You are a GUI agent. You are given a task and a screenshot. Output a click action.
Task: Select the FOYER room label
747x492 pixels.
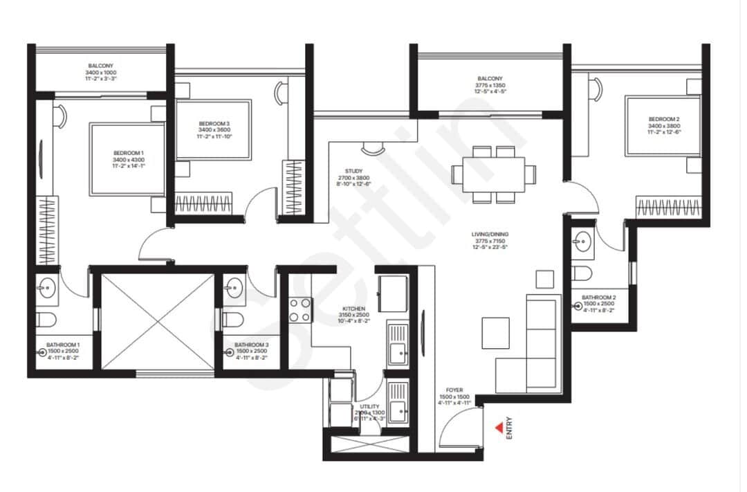click(x=454, y=390)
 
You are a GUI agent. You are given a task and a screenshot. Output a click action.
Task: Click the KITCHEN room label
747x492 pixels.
click(x=353, y=309)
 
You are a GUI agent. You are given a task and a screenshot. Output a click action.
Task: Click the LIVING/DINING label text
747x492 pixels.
click(x=491, y=235)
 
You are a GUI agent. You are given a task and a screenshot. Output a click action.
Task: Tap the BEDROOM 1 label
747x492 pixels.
click(x=129, y=153)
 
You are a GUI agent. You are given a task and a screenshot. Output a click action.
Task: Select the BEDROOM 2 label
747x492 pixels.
click(x=663, y=120)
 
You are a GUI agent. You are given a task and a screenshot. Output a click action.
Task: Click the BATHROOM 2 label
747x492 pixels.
click(x=598, y=297)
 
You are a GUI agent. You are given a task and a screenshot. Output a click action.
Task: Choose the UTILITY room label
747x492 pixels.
click(x=369, y=408)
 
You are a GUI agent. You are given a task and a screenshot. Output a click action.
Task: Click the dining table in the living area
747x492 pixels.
click(x=494, y=173)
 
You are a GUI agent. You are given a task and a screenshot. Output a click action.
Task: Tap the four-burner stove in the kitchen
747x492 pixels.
click(x=299, y=309)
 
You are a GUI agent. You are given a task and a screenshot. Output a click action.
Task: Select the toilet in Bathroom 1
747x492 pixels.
click(x=46, y=319)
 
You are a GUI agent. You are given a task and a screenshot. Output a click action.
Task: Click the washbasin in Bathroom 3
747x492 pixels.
click(x=234, y=287)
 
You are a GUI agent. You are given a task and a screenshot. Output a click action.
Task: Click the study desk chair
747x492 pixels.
click(x=372, y=147)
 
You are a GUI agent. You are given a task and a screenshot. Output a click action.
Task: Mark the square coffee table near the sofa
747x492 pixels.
click(x=496, y=333)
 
